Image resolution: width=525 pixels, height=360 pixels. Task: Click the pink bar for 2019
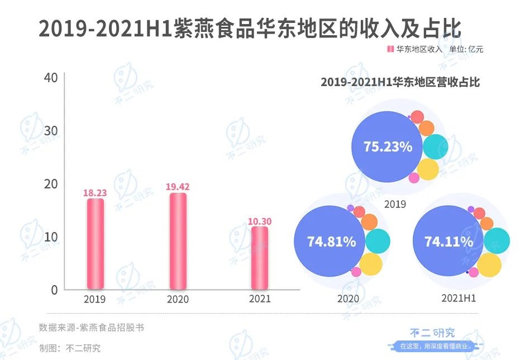95,244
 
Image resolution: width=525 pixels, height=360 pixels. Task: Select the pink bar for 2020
178,241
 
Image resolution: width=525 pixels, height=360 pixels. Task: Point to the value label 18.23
95,193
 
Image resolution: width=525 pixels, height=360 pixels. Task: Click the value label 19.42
178,187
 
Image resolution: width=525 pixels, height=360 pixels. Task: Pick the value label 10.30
259,221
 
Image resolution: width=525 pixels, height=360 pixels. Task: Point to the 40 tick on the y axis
51,78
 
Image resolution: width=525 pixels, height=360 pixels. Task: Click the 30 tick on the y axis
51,131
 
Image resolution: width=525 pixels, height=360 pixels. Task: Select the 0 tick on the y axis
54,290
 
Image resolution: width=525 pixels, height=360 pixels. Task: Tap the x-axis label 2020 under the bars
178,300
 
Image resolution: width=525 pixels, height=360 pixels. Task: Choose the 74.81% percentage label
331,242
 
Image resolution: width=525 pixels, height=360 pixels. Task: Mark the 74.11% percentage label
448,242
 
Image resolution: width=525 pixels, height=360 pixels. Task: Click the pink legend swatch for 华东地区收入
390,49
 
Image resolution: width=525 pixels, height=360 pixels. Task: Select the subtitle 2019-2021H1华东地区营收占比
400,82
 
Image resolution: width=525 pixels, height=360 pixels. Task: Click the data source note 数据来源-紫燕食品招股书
91,328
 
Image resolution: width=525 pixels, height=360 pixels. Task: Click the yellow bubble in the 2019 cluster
428,169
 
